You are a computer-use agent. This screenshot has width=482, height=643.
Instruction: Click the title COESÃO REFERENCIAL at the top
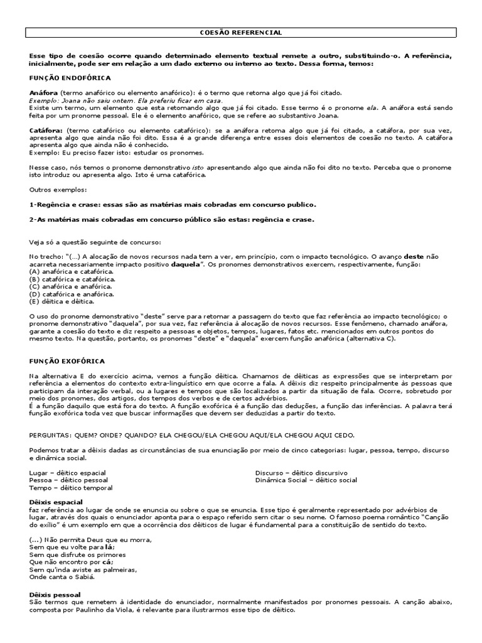click(x=240, y=32)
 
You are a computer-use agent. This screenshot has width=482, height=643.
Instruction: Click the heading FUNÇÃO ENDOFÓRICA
click(x=70, y=78)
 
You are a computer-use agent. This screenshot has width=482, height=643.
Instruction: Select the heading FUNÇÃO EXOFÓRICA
click(x=67, y=361)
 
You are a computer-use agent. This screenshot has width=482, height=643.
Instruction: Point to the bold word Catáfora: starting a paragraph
click(x=46, y=129)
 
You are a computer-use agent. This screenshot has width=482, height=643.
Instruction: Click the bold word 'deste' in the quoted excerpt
click(x=413, y=257)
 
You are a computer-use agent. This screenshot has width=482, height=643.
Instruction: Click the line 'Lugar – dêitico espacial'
click(x=67, y=472)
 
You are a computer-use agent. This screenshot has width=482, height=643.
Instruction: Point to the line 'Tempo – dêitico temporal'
click(x=70, y=487)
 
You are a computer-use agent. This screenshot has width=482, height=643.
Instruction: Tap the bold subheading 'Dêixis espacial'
click(x=56, y=502)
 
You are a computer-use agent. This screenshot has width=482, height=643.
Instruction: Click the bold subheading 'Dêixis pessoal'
click(x=55, y=593)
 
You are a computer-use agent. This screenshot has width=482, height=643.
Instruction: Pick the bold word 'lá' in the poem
click(x=110, y=547)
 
